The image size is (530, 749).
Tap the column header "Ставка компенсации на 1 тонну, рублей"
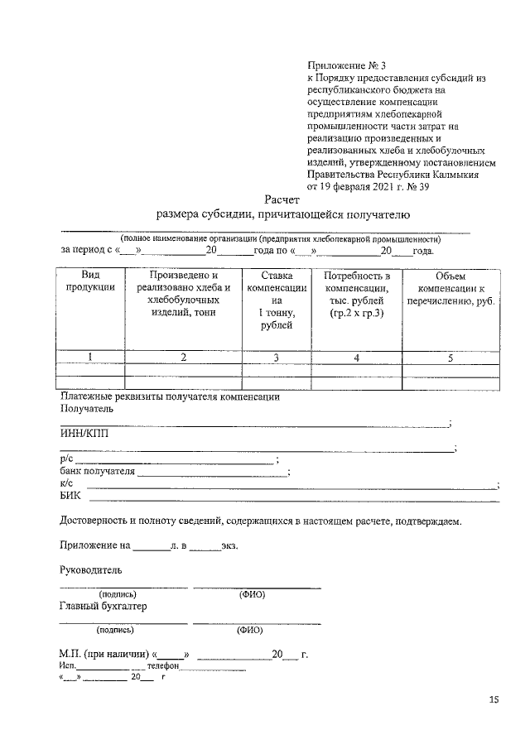277,300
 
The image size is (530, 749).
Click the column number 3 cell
277,357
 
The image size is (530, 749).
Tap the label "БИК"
71,497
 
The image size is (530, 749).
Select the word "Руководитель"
91,570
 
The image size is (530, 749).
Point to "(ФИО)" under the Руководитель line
252,594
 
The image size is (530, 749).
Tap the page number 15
494,700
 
